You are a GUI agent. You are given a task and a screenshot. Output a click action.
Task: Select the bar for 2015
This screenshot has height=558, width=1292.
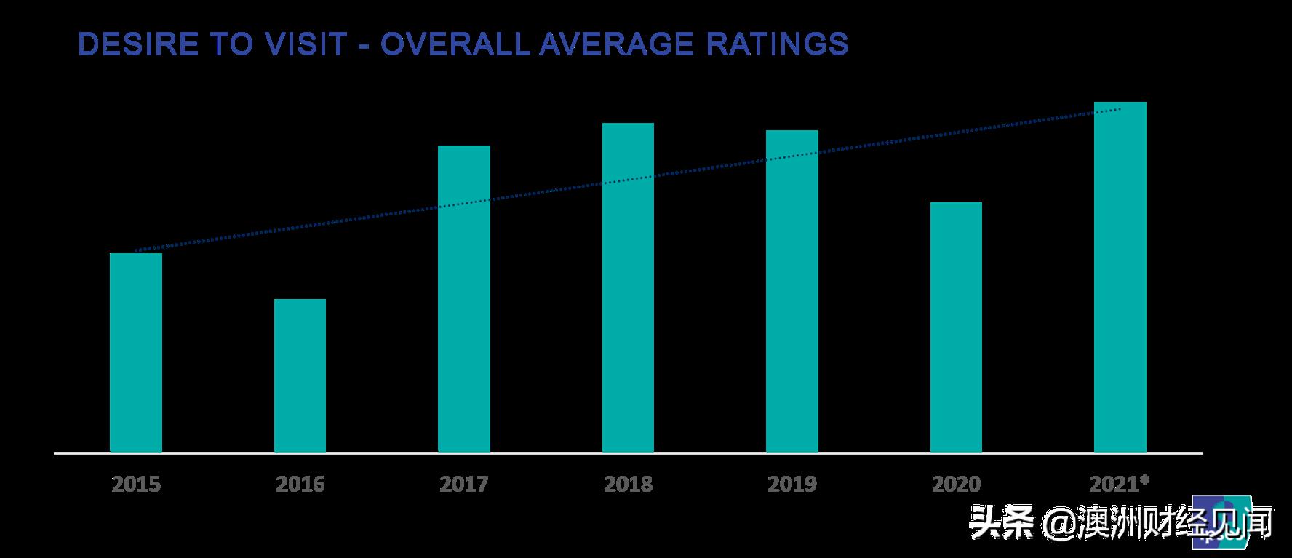[136, 353]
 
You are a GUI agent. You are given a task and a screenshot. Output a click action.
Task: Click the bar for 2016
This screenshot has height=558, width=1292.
[300, 375]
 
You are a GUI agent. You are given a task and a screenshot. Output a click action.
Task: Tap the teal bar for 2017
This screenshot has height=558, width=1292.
[464, 299]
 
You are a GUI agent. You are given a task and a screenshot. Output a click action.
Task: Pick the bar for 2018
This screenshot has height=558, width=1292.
[628, 287]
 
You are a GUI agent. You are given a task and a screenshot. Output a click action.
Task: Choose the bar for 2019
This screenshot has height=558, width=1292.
[792, 291]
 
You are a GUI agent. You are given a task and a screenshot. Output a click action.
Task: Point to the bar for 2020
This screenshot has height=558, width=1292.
[956, 327]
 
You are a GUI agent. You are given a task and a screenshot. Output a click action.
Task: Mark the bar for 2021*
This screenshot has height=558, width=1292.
[1120, 277]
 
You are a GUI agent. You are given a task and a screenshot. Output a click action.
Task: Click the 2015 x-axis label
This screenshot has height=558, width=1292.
[136, 484]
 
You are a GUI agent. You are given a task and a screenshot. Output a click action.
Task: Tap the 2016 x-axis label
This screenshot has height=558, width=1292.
[300, 484]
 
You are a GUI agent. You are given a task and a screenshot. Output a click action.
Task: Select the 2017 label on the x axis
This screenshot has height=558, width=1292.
[464, 484]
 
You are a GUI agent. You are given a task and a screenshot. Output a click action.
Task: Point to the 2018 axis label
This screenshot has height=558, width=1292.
[628, 484]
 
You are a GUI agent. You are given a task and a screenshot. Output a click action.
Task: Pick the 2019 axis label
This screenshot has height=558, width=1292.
[792, 484]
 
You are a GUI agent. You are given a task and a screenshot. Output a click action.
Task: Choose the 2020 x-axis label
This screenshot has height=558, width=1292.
[956, 484]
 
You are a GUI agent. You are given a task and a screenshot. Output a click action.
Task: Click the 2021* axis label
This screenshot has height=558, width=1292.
[1119, 484]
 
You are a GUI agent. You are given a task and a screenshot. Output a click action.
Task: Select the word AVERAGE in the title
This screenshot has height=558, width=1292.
[622, 44]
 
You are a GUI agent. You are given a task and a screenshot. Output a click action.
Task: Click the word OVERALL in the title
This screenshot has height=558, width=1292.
[455, 44]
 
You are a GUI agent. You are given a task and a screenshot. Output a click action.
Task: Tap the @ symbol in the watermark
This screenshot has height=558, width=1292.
[1057, 522]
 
